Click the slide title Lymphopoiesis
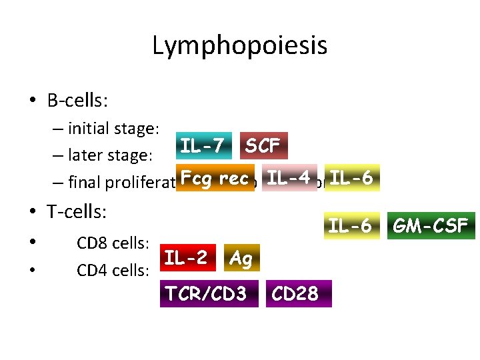(239, 46)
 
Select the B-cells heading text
(78, 101)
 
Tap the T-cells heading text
(77, 212)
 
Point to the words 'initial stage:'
(113, 129)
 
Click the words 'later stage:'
(111, 156)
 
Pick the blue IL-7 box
(205, 145)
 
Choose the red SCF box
(263, 145)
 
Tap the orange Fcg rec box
(215, 178)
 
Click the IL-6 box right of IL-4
(353, 178)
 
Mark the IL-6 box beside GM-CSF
(350, 227)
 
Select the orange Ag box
(240, 259)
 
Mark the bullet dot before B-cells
(32, 101)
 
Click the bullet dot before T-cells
(32, 213)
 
